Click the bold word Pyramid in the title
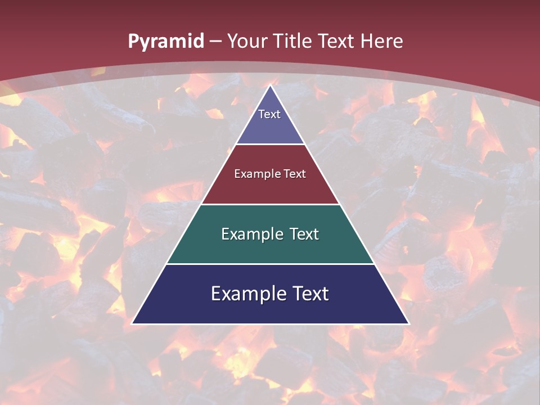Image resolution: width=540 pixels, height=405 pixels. (x=166, y=42)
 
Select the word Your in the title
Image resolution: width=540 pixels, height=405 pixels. (x=247, y=42)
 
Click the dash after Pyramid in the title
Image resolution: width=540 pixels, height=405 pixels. (x=215, y=42)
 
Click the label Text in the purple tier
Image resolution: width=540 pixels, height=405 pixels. (x=269, y=114)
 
